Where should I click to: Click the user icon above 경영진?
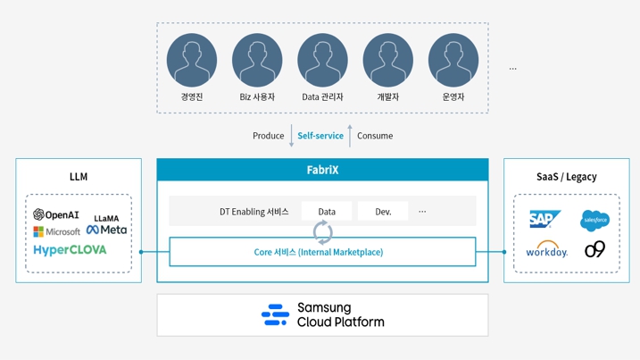click(x=192, y=60)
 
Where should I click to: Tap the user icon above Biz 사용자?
click(x=257, y=60)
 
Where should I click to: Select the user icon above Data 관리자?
click(x=322, y=60)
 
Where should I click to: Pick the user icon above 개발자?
click(x=387, y=60)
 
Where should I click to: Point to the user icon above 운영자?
click(x=453, y=60)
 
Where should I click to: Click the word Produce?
click(x=268, y=136)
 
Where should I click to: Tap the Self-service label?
click(x=320, y=136)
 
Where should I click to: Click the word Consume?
click(x=375, y=136)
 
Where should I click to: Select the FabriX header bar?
click(x=322, y=170)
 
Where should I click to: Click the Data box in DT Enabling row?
click(x=327, y=212)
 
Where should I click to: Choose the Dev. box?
click(x=383, y=212)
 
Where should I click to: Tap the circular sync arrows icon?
click(x=322, y=233)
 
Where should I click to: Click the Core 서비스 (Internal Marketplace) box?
click(x=322, y=252)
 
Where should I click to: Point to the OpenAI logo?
click(x=56, y=215)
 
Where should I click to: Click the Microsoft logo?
click(x=56, y=231)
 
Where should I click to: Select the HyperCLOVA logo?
click(x=70, y=250)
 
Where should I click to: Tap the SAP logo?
click(x=544, y=219)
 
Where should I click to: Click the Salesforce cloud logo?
click(x=594, y=219)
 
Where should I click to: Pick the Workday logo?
click(x=546, y=250)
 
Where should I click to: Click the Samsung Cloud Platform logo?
click(x=322, y=315)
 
